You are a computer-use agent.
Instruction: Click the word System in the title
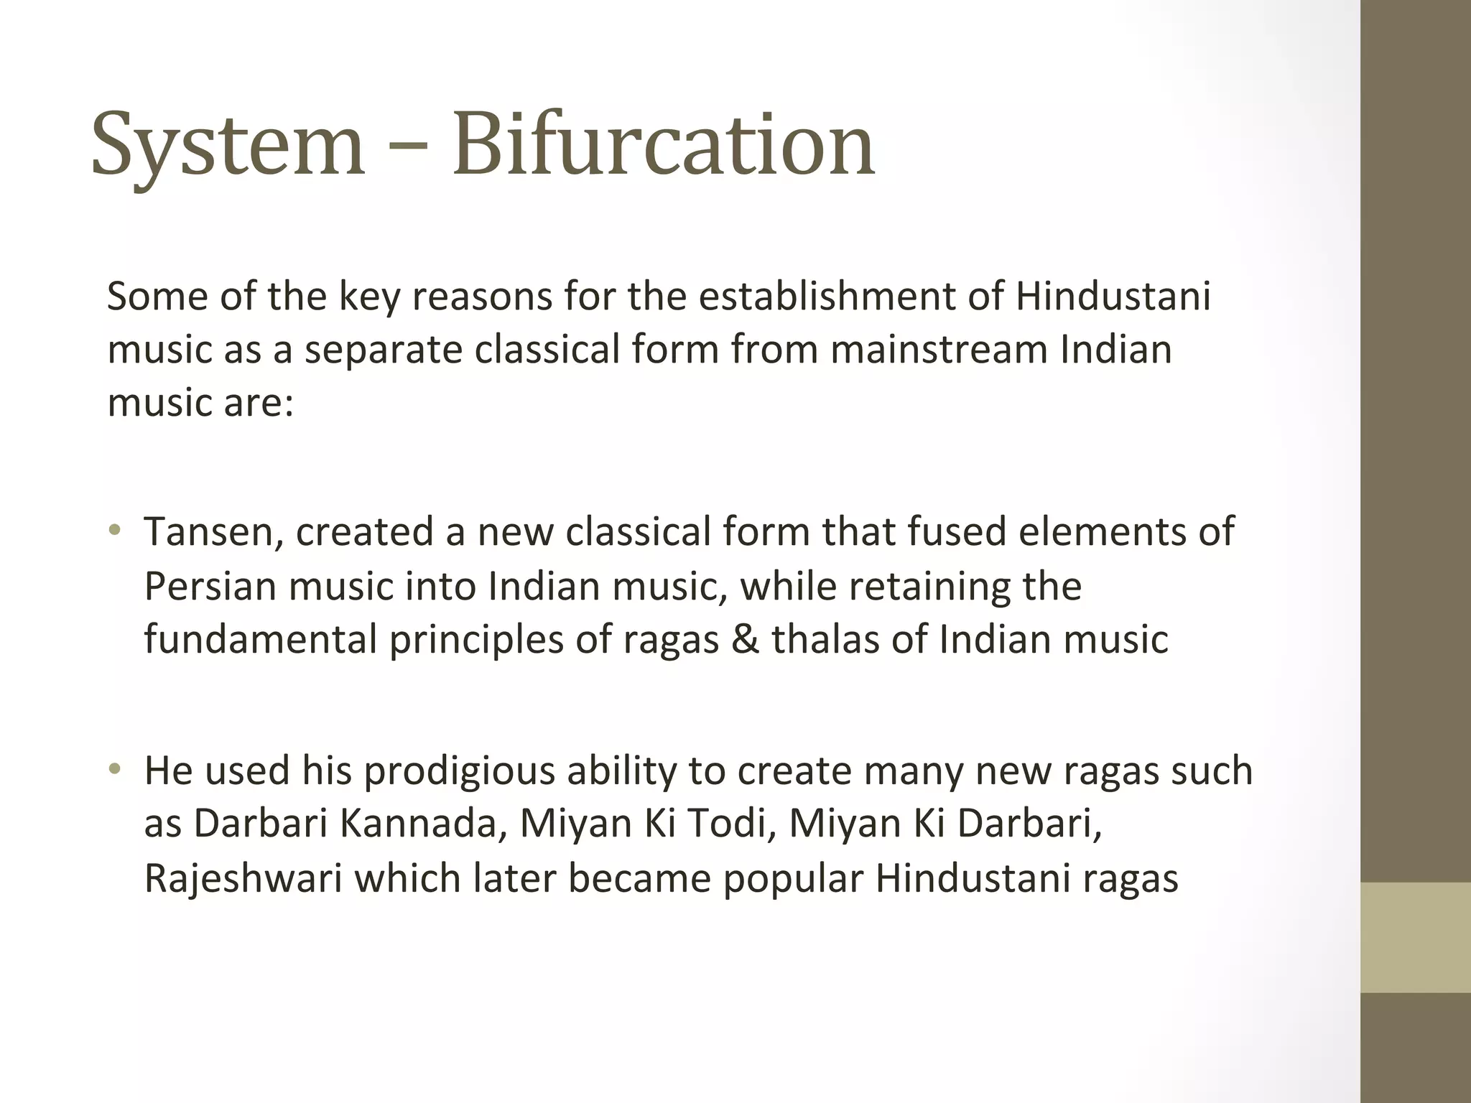pyautogui.click(x=228, y=145)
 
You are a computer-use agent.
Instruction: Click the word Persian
pyautogui.click(x=210, y=586)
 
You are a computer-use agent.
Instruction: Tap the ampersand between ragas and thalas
pyautogui.click(x=745, y=639)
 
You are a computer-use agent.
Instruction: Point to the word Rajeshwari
pyautogui.click(x=243, y=878)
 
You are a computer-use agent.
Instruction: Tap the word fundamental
pyautogui.click(x=260, y=639)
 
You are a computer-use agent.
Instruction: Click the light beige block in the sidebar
pyautogui.click(x=1415, y=937)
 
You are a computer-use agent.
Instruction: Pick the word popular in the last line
pyautogui.click(x=793, y=878)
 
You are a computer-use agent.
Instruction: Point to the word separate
pyautogui.click(x=383, y=350)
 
